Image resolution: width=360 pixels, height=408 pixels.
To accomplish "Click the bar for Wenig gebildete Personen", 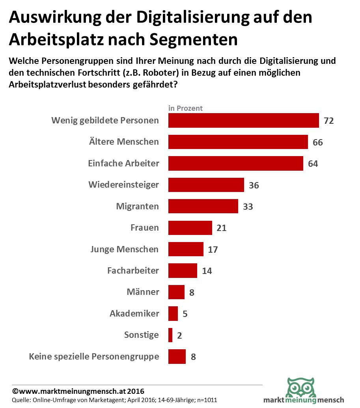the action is pyautogui.click(x=243, y=121).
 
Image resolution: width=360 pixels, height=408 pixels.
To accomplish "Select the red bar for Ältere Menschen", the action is pyautogui.click(x=238, y=142).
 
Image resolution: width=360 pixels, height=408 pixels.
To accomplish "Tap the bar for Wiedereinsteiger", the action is pyautogui.click(x=206, y=185).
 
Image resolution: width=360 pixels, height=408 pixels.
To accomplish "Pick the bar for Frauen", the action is pyautogui.click(x=190, y=228).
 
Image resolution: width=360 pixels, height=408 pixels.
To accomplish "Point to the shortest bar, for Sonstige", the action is pyautogui.click(x=170, y=335).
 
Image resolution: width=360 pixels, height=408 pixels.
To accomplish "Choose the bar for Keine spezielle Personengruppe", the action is pyautogui.click(x=177, y=356).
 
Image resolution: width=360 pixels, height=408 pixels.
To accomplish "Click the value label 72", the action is pyautogui.click(x=329, y=121).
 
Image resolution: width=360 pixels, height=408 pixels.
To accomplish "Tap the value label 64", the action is pyautogui.click(x=313, y=164).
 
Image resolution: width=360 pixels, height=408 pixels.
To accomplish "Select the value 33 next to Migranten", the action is pyautogui.click(x=248, y=207).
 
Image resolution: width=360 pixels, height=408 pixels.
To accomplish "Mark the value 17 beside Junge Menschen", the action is pyautogui.click(x=213, y=250).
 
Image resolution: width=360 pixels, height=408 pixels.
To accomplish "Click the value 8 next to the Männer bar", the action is pyautogui.click(x=192, y=292).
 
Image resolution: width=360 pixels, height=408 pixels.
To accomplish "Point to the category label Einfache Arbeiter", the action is pyautogui.click(x=123, y=163).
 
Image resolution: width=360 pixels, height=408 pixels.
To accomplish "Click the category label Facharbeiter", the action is pyautogui.click(x=133, y=270).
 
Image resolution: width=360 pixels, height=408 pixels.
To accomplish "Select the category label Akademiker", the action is pyautogui.click(x=134, y=313).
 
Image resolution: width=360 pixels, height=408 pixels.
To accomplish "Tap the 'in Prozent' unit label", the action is pyautogui.click(x=185, y=108).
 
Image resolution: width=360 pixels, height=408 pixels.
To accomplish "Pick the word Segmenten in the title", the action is pyautogui.click(x=193, y=40).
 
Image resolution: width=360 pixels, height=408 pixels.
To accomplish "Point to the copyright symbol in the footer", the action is pyautogui.click(x=15, y=391).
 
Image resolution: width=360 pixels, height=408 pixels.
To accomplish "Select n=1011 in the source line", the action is pyautogui.click(x=207, y=400).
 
